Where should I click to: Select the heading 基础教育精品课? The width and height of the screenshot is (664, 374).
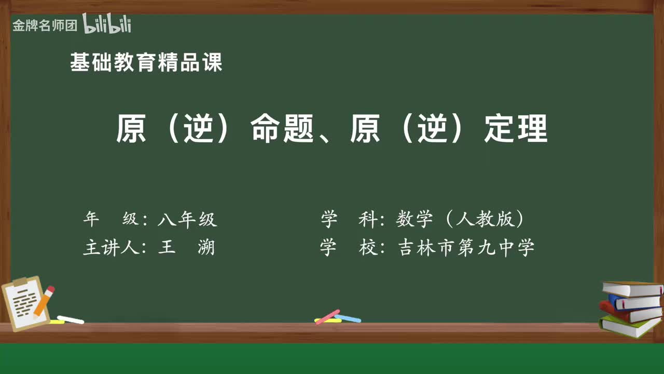click(146, 63)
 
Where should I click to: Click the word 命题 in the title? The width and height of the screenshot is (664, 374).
click(283, 129)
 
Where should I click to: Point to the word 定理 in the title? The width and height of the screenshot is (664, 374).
click(516, 129)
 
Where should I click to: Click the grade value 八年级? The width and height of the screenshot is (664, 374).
click(187, 220)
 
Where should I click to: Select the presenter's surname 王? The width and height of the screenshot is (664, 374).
click(167, 247)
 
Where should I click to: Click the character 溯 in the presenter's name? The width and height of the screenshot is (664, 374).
click(206, 247)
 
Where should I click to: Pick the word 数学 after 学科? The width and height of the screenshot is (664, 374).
click(414, 220)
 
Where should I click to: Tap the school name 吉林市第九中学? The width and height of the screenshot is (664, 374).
click(466, 247)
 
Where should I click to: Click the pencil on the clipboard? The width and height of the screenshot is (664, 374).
click(44, 301)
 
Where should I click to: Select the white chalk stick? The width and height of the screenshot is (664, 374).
click(71, 319)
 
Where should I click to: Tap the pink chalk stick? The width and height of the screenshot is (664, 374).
click(327, 316)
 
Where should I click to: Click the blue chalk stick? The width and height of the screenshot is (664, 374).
click(348, 318)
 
